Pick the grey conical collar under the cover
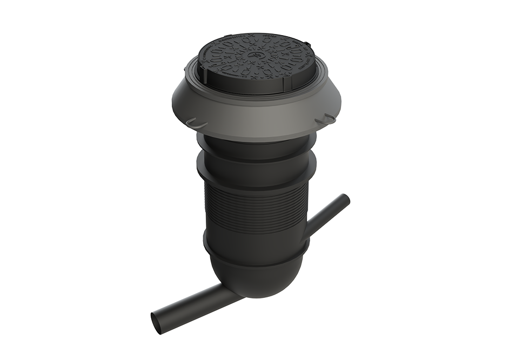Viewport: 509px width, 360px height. (x=254, y=111)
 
